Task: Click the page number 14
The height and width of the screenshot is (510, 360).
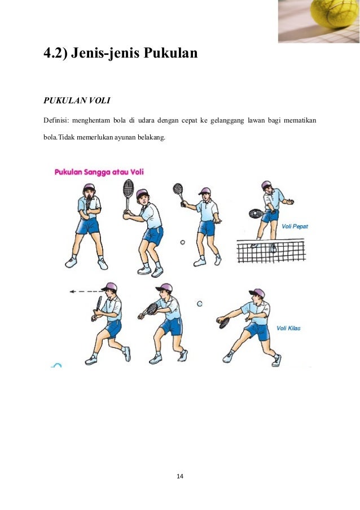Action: pyautogui.click(x=180, y=476)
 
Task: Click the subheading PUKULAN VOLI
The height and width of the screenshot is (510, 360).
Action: pyautogui.click(x=77, y=101)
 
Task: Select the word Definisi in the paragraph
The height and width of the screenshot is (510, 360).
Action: pyautogui.click(x=57, y=120)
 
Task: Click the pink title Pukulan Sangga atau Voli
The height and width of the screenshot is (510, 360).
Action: pyautogui.click(x=99, y=172)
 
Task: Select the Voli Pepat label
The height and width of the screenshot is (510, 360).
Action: pyautogui.click(x=295, y=226)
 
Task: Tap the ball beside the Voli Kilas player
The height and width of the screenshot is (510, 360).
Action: pyautogui.click(x=200, y=304)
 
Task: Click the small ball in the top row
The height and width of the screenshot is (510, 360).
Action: pyautogui.click(x=182, y=242)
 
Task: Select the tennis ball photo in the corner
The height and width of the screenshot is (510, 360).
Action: pyautogui.click(x=319, y=21)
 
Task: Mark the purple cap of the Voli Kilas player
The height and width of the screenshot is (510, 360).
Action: pyautogui.click(x=257, y=293)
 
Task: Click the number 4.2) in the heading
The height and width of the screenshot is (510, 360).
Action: pyautogui.click(x=59, y=55)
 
